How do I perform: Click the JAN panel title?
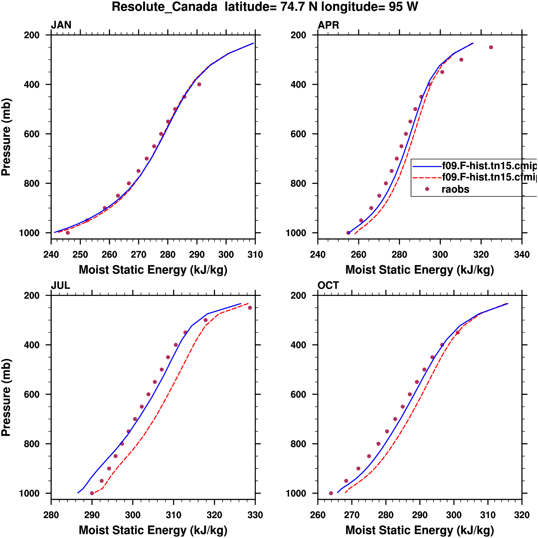(x=61, y=25)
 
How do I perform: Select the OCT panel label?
(x=328, y=286)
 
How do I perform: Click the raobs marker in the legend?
(x=427, y=189)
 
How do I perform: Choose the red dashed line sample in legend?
(x=427, y=177)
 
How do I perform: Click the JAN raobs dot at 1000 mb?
(x=68, y=233)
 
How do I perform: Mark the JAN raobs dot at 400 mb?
(x=199, y=84)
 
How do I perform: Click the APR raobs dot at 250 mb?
(x=491, y=47)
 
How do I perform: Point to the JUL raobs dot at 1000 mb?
(x=92, y=493)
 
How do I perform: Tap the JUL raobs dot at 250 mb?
(x=250, y=308)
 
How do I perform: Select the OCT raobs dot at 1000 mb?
(x=331, y=493)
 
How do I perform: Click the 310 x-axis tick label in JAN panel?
(x=255, y=254)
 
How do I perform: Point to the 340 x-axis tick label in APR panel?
(x=522, y=254)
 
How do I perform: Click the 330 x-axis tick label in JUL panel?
(x=255, y=515)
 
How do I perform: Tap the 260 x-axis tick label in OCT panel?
(x=318, y=515)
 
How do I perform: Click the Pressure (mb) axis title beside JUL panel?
(x=6, y=397)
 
